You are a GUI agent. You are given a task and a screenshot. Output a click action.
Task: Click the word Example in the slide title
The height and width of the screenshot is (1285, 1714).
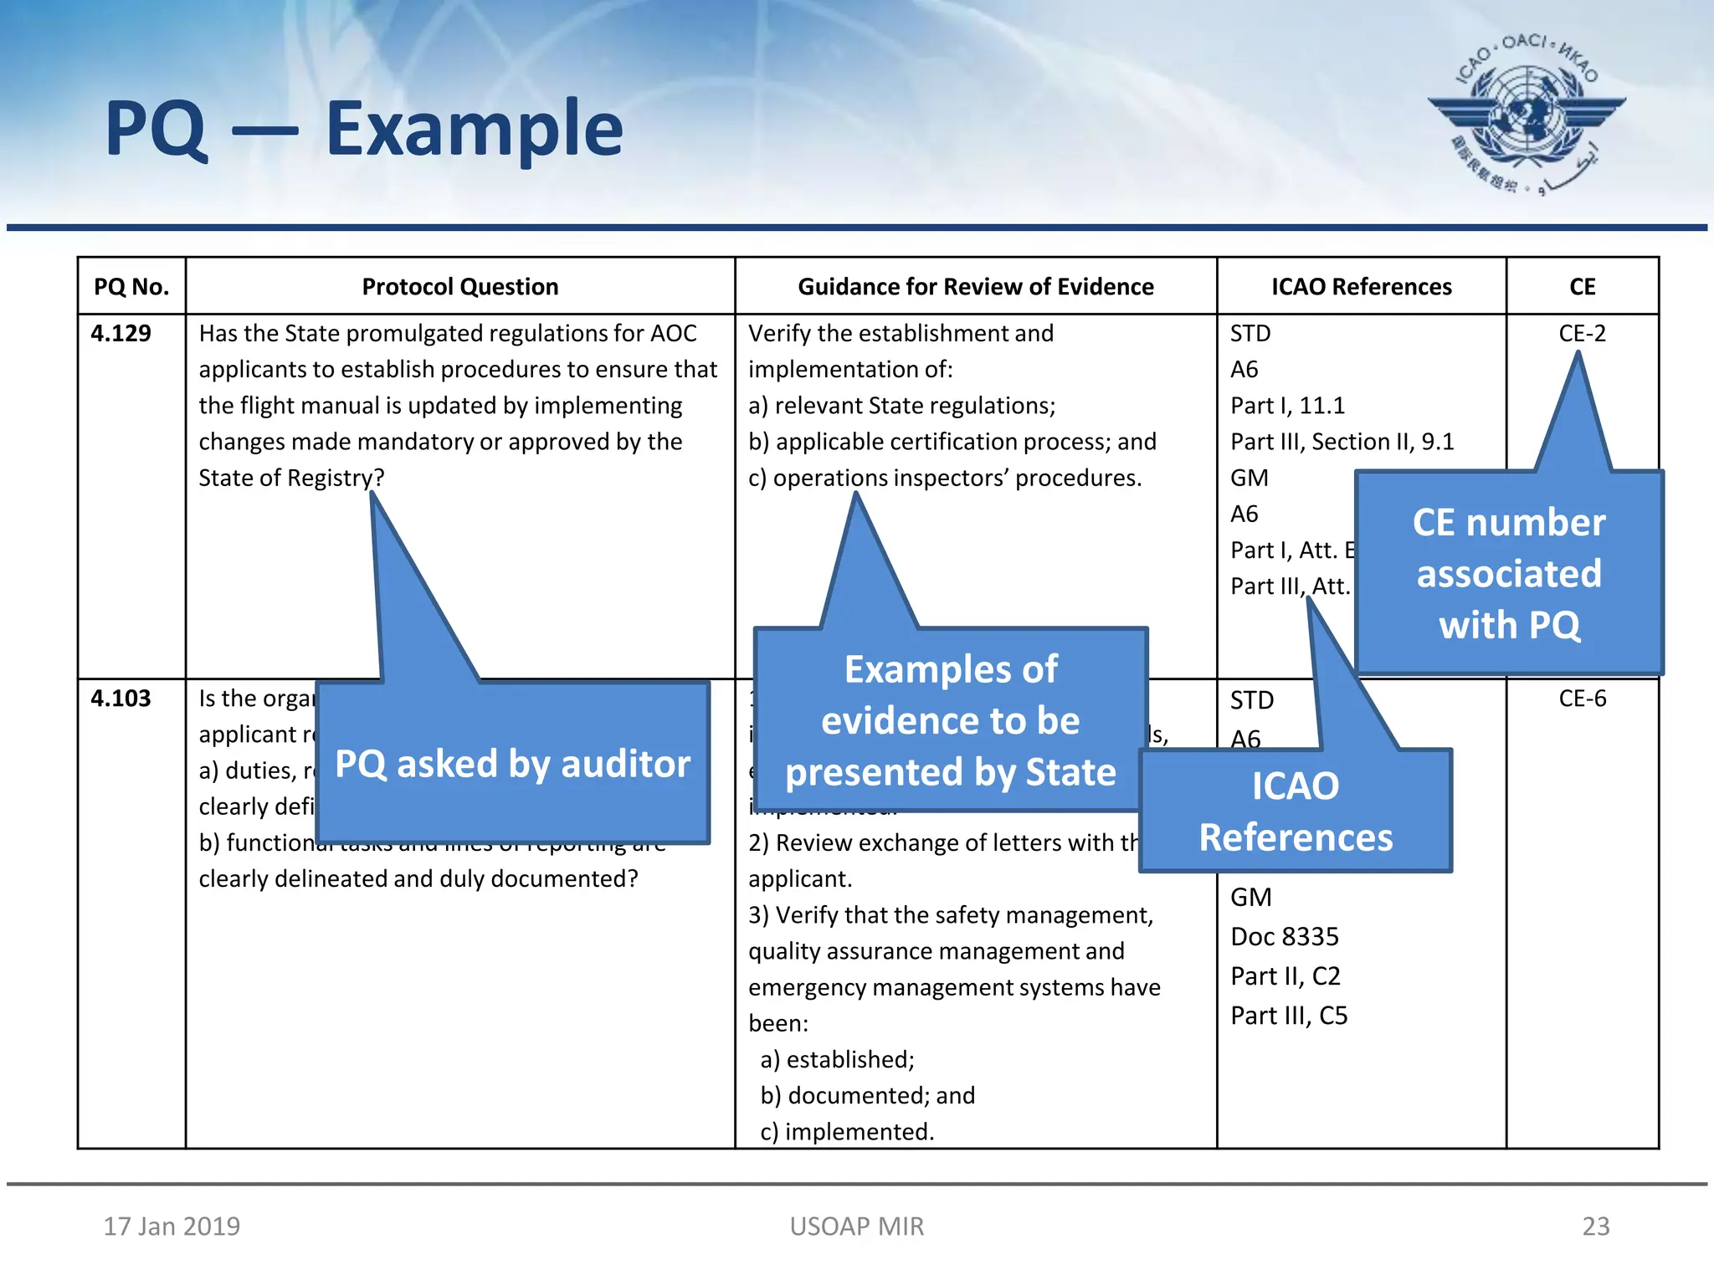pos(474,129)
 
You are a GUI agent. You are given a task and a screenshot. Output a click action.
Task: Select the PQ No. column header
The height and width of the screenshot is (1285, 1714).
pos(131,287)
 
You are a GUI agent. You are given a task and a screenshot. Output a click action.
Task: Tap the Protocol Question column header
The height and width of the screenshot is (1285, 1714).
pos(459,287)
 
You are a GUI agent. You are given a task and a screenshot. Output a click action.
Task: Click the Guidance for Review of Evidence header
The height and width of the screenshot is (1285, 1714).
pos(975,287)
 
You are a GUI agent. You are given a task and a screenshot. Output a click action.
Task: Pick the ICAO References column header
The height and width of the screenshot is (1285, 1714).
pos(1361,287)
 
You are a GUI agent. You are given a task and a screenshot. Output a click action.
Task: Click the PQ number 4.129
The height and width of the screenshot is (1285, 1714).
pos(121,333)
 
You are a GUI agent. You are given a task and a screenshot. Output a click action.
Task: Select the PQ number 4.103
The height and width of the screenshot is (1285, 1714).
pos(121,699)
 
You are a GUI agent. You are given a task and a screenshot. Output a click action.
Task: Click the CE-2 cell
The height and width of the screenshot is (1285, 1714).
pos(1582,333)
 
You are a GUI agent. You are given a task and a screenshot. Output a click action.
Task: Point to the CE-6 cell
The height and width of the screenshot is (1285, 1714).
pos(1582,699)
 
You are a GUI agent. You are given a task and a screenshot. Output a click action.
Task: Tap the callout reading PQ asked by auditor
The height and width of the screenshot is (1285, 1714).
pos(512,764)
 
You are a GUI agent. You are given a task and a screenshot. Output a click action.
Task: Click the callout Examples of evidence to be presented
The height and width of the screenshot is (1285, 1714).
pos(950,720)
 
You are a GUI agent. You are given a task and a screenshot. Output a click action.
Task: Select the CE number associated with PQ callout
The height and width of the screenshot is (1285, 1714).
pos(1508,574)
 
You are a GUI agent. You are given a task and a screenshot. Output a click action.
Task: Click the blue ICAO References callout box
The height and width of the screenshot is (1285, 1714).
pos(1296,811)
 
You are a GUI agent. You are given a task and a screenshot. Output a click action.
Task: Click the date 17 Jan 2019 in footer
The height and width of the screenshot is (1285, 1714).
pos(172,1226)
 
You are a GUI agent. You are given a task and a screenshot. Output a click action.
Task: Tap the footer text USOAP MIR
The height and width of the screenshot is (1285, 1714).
pos(856,1226)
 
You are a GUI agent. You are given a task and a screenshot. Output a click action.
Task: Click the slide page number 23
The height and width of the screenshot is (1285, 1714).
pos(1595,1226)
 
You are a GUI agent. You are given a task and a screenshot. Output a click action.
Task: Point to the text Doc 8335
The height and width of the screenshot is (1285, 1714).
pos(1284,937)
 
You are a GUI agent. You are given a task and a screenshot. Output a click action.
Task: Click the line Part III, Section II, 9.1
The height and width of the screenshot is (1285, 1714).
pos(1342,442)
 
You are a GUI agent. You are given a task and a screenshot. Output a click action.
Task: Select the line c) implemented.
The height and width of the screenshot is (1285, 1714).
pos(846,1132)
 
